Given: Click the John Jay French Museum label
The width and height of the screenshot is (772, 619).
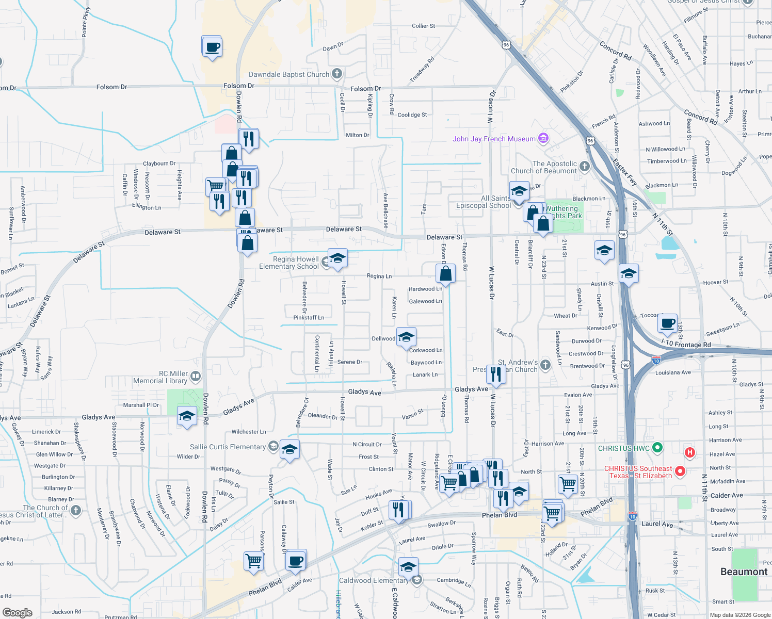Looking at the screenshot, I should pos(494,139).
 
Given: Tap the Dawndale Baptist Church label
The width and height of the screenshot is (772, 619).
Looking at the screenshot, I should pos(289,74).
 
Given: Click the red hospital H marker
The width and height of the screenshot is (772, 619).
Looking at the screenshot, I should pos(689,453).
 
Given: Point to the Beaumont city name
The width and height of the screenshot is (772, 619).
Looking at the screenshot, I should pos(744,572).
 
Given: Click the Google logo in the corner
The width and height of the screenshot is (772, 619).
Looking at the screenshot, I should pos(17,612).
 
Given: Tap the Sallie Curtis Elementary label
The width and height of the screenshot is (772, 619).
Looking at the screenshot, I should pos(228,447).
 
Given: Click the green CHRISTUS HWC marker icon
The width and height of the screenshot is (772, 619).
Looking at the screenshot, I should pos(657,448).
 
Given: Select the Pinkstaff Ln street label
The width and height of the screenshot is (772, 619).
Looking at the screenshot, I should pos(309,317).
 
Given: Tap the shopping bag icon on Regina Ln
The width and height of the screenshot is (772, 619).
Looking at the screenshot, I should pos(445,274).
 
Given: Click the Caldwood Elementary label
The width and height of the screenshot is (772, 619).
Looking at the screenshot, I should pos(374,580).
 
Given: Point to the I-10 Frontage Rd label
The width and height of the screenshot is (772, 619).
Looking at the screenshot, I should pos(686,344).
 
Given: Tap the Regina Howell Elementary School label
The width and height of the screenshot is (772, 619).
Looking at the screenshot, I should pos(289,263).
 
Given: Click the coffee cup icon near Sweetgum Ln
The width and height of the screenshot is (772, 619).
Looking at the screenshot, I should pos(668,324).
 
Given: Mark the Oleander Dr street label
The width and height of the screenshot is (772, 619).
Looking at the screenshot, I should pos(323,416).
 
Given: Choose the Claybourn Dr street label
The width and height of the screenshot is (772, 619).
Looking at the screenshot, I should pos(159,164).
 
